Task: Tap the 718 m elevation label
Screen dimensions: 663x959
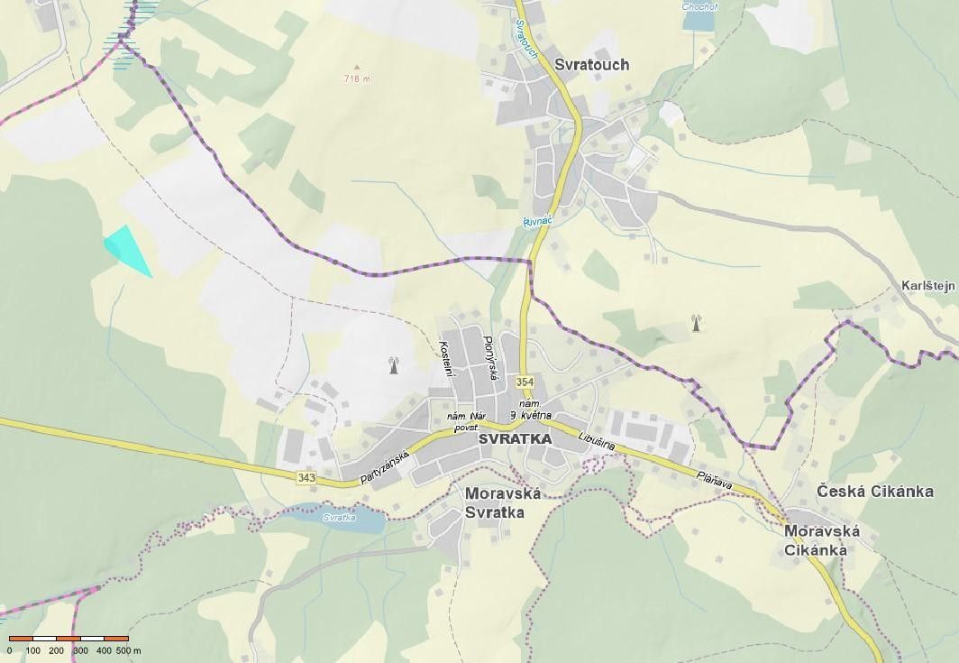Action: coord(357,78)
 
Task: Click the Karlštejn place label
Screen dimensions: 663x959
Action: coord(928,286)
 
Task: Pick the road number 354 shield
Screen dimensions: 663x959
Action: coord(525,382)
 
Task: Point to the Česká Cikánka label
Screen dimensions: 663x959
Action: coord(874,492)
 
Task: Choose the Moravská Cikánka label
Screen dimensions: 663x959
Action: coord(821,539)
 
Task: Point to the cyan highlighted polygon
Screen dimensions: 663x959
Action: coord(125,248)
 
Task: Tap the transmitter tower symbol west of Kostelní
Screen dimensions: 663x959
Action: coord(393,365)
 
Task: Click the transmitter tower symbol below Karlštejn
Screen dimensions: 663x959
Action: coord(695,323)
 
